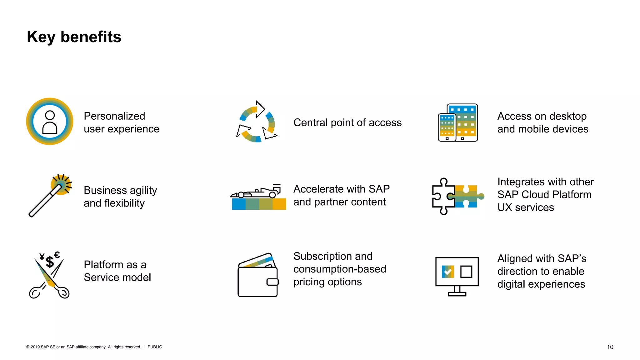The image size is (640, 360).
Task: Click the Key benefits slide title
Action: coord(74,37)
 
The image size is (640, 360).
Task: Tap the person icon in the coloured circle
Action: coord(50,122)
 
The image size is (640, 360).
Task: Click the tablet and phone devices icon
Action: coord(458,123)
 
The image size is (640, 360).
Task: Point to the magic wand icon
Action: coord(50,196)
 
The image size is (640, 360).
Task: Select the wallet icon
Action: coord(258,276)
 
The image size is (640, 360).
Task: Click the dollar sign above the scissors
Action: coord(50,262)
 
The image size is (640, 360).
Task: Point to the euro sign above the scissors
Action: coord(57,255)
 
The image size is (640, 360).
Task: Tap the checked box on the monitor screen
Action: coord(447,272)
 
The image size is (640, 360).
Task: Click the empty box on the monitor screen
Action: coord(466,272)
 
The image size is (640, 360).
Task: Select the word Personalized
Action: coord(114,116)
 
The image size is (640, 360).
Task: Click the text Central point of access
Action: coord(347,122)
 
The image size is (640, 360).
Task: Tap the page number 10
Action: coord(610,347)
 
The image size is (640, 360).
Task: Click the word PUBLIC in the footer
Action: coord(155,347)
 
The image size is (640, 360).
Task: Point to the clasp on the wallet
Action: coord(272,282)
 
